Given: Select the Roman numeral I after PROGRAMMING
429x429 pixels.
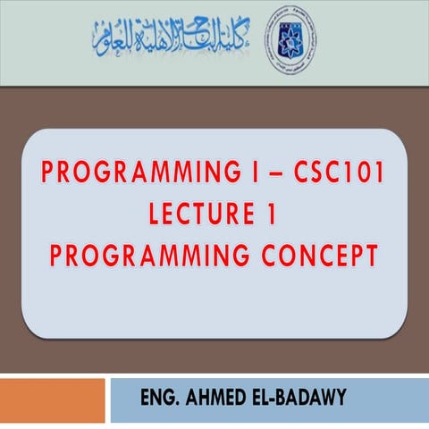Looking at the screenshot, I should coord(256,175).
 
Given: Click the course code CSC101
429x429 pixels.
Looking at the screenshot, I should coord(337,175).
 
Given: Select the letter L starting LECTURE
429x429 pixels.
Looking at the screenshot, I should coord(156,216).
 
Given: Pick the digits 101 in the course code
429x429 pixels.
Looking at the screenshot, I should coord(363,175).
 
